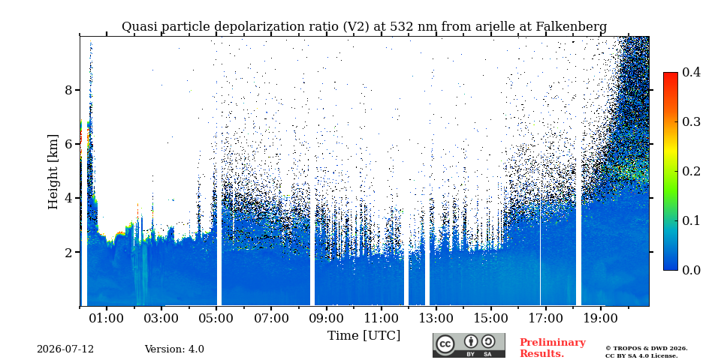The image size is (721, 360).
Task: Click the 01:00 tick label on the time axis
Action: [107, 318]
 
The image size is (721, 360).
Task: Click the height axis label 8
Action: [69, 90]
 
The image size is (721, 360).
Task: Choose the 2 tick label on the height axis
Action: [69, 252]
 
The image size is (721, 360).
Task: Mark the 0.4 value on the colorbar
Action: [691, 72]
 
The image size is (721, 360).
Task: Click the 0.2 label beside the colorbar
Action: [691, 171]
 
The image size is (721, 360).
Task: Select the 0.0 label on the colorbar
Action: [691, 270]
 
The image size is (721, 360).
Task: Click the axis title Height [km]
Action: [53, 172]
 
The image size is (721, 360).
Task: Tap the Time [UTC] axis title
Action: [364, 336]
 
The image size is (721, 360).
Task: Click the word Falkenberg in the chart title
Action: [572, 27]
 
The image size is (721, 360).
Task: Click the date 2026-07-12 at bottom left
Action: [65, 349]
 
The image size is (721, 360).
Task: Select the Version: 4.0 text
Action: [174, 349]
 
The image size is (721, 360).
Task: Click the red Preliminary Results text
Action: [553, 348]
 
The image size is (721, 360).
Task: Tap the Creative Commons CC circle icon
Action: [445, 345]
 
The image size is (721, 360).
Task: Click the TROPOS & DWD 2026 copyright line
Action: [647, 349]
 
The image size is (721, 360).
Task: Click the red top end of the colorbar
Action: [671, 74]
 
